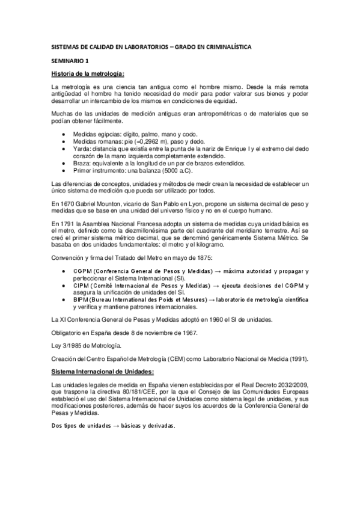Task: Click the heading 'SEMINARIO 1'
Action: (70, 61)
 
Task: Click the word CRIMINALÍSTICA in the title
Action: (222, 46)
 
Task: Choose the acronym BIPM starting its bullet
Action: (81, 299)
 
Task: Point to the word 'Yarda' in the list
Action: (81, 147)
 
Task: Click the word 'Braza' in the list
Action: (82, 163)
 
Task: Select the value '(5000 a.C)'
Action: (164, 171)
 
